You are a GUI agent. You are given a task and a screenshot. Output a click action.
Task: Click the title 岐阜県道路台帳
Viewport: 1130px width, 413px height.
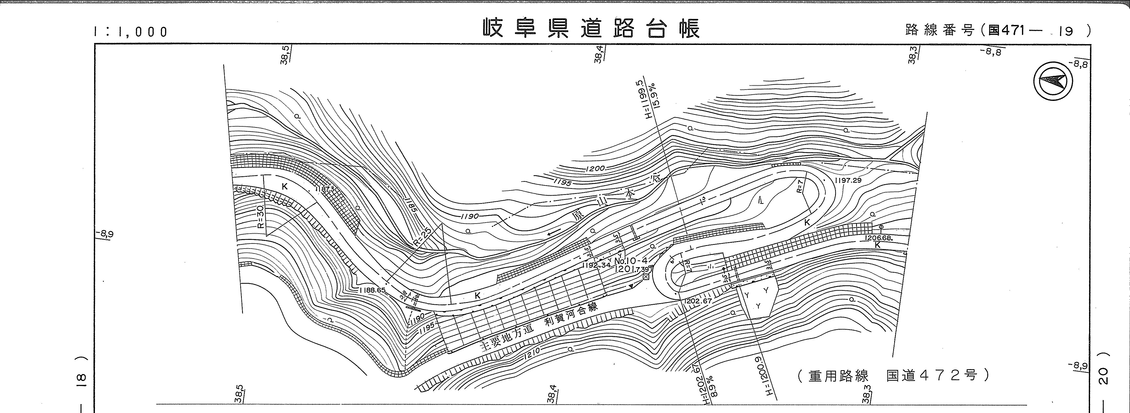click(x=591, y=29)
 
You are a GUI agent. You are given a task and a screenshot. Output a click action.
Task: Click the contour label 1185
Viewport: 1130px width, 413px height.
click(x=410, y=204)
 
